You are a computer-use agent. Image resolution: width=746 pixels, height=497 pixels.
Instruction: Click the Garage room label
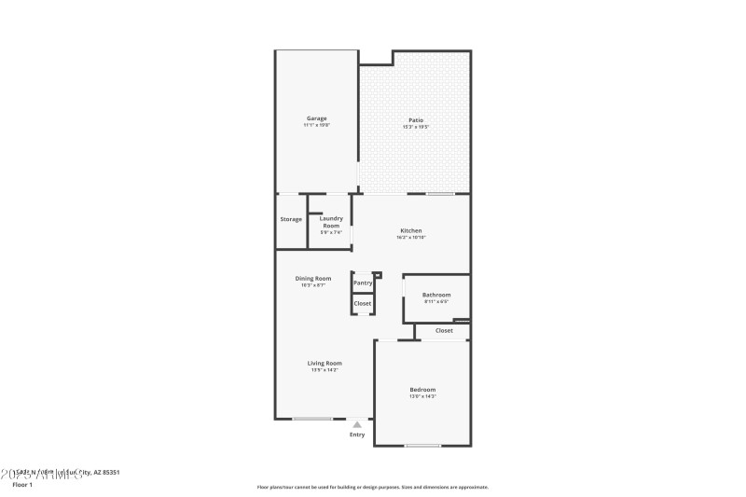pos(317,118)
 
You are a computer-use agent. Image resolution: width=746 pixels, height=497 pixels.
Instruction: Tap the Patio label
pos(415,120)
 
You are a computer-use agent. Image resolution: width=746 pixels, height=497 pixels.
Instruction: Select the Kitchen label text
pos(411,230)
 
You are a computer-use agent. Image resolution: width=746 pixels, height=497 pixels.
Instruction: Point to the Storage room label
pos(291,219)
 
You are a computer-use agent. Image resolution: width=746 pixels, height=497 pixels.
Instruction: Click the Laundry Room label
pos(331,222)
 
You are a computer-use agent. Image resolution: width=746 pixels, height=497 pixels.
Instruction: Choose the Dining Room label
pos(313,279)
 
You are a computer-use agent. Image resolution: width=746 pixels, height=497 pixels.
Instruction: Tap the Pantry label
pos(363,283)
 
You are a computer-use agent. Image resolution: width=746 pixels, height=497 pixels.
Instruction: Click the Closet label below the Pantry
pos(363,303)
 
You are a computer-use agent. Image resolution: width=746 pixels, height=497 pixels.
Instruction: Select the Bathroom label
pos(436,296)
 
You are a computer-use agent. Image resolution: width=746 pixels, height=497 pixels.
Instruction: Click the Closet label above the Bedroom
pos(444,330)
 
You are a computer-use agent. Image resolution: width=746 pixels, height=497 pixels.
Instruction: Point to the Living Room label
pos(325,363)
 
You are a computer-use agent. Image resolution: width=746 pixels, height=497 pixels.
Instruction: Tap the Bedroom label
pos(421,390)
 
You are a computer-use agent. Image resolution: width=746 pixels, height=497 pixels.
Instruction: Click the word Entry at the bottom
pos(357,435)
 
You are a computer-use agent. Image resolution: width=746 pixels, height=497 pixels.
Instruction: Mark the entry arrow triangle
pos(356,424)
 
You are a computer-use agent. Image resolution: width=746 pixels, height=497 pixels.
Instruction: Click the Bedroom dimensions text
pos(421,396)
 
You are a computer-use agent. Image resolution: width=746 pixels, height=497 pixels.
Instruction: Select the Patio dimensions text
pos(415,127)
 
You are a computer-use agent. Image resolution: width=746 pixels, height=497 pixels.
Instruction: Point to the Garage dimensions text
pos(317,125)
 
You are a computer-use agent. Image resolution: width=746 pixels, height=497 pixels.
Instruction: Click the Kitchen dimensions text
pos(411,237)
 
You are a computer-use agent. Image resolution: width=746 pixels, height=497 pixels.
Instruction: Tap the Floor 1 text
pos(21,485)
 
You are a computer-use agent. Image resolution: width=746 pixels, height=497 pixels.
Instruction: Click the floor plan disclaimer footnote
pos(372,487)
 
